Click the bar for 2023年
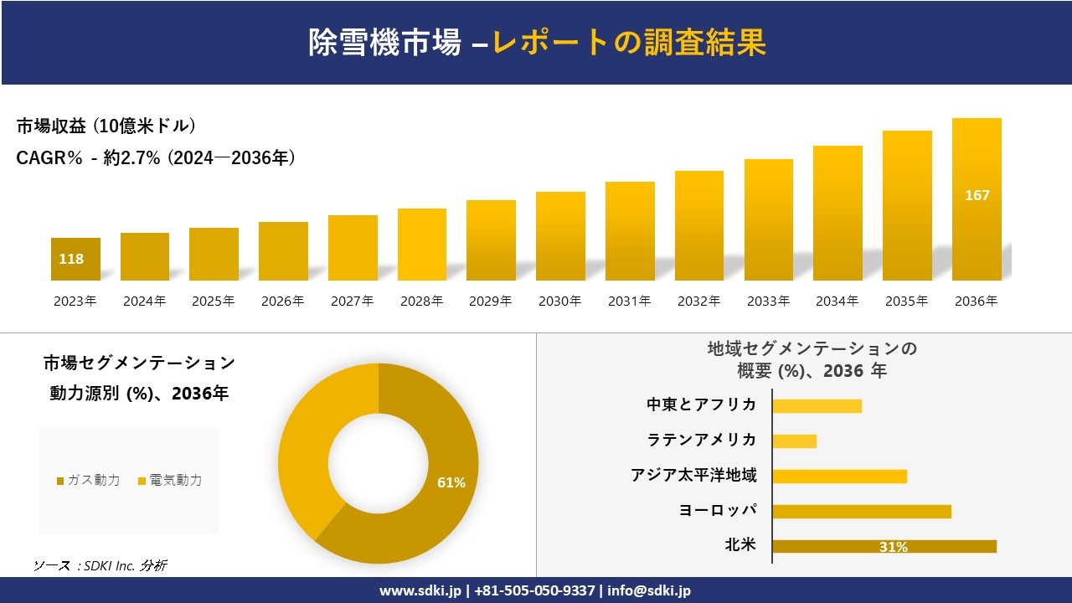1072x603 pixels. click(x=75, y=259)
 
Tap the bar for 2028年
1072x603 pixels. click(x=422, y=245)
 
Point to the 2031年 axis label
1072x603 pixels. click(x=629, y=301)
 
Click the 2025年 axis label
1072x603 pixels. click(x=214, y=301)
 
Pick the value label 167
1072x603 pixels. click(x=977, y=195)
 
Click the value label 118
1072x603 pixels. click(x=71, y=259)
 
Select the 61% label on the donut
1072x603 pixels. click(x=451, y=482)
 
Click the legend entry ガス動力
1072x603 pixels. click(x=88, y=480)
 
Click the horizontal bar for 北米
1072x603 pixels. click(x=884, y=546)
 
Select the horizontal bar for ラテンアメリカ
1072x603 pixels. click(x=794, y=441)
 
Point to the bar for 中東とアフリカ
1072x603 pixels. click(x=817, y=405)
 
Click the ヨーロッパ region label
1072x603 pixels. click(x=718, y=510)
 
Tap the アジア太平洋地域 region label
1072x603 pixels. click(x=693, y=475)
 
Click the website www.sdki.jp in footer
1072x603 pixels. click(x=420, y=590)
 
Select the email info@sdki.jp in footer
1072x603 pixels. click(x=649, y=590)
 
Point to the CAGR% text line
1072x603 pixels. click(x=156, y=158)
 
